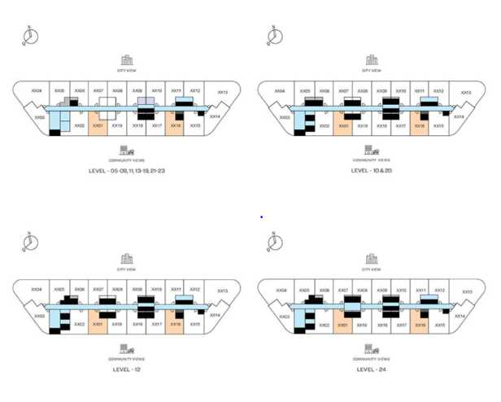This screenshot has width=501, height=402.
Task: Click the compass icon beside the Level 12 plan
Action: (29, 241)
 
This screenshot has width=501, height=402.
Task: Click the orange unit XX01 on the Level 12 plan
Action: (98, 324)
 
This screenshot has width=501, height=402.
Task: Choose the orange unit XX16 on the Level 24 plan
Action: (420, 324)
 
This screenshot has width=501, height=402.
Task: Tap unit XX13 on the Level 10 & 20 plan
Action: (464, 94)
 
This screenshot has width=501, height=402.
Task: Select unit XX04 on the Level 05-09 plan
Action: (37, 91)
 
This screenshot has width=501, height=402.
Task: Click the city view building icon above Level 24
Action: (372, 259)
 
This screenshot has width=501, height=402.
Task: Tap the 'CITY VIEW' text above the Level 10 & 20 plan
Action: (371, 71)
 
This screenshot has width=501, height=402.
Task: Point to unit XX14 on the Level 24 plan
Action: (459, 316)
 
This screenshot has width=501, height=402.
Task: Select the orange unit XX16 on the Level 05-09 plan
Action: (176, 126)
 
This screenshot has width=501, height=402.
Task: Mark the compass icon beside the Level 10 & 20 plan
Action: (275, 34)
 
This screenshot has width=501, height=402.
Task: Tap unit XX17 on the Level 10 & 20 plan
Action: (400, 126)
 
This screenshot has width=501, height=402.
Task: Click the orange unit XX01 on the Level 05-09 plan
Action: (98, 126)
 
